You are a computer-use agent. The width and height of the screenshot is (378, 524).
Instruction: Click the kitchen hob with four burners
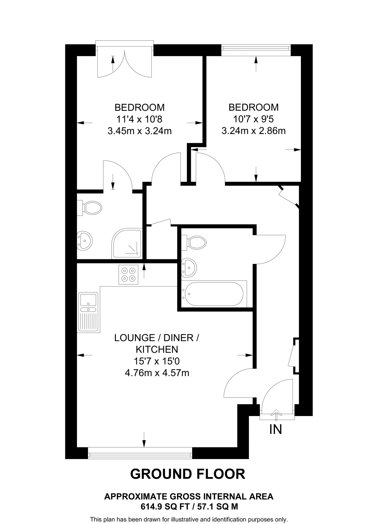pos(128,275)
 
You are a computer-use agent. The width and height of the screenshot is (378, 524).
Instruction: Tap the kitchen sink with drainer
pos(88,312)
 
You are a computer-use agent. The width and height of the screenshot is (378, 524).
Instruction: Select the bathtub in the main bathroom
pos(214,294)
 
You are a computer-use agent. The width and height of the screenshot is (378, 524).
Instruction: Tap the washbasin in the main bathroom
pos(189,268)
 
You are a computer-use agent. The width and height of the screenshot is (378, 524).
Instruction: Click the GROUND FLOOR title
pos(188,474)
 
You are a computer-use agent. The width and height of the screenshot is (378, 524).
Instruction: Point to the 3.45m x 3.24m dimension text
pos(140,131)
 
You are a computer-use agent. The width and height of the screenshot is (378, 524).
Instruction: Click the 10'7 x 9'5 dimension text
pos(254,119)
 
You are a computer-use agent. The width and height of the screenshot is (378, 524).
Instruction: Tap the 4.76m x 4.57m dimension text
pos(157,373)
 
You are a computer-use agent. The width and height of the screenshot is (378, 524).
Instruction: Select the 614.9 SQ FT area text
pos(163,506)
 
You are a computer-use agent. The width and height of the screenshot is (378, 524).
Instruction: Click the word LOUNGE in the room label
pos(134,338)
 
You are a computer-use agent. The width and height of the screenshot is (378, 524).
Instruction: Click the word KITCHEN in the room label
pos(157,350)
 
